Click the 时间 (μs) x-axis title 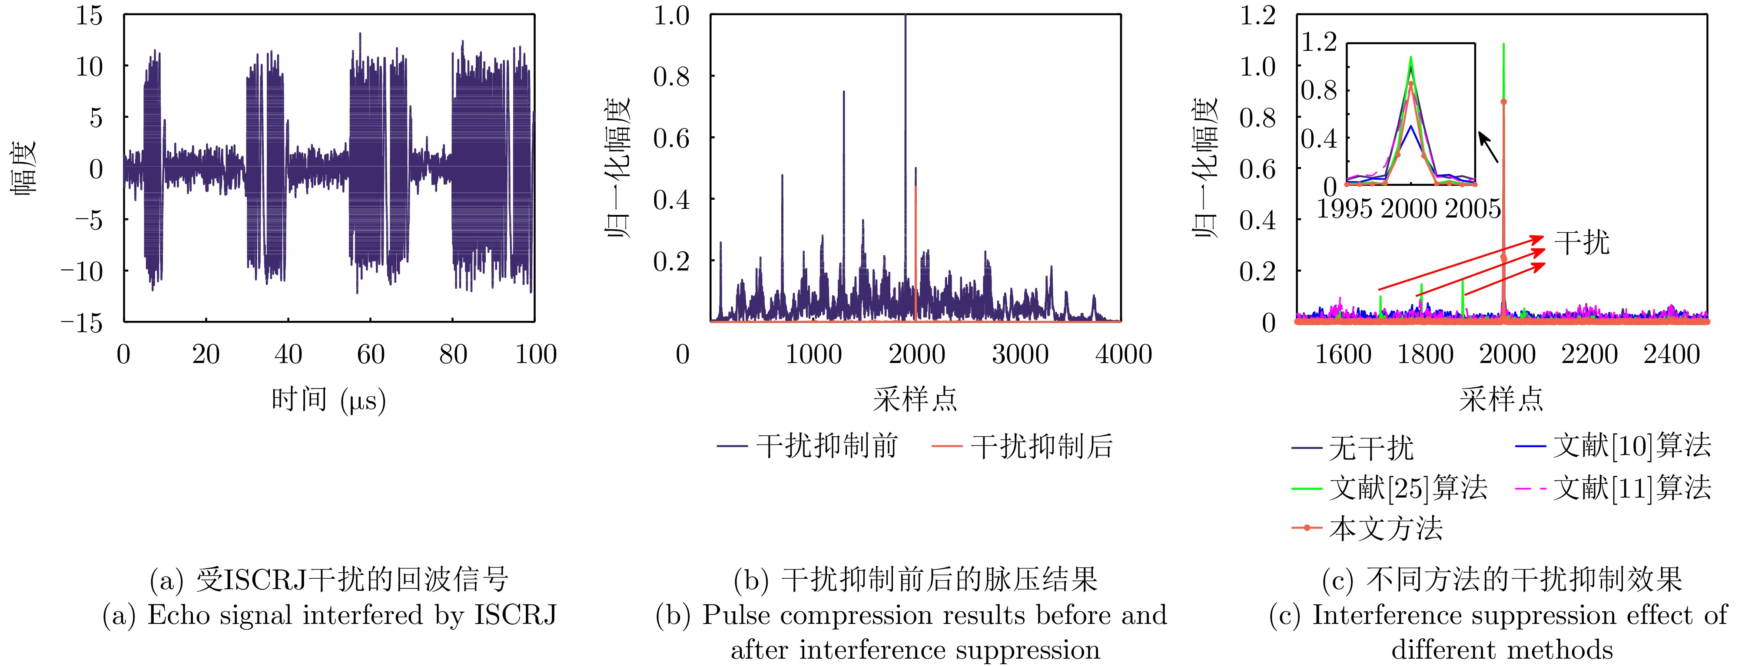coord(328,400)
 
